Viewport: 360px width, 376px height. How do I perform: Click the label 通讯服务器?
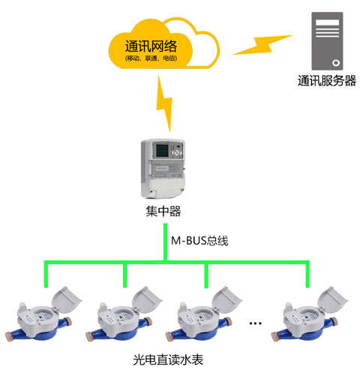click(x=326, y=81)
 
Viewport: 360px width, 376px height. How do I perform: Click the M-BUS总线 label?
click(x=199, y=241)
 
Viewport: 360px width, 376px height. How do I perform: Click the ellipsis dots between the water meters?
click(x=255, y=323)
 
